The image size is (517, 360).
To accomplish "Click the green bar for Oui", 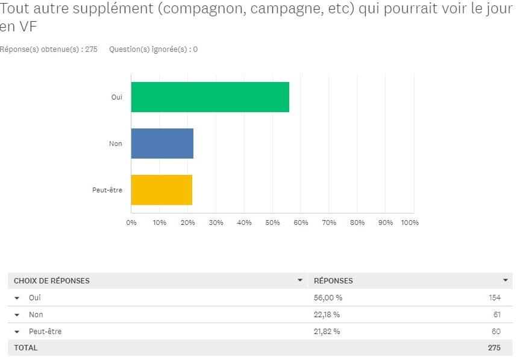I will click(210, 97).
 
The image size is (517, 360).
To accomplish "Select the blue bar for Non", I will click(162, 144).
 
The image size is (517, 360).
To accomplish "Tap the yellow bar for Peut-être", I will click(161, 190).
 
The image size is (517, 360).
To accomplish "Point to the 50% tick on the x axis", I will click(272, 223).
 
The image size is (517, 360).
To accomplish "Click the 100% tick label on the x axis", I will click(410, 223).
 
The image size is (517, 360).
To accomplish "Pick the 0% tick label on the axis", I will click(131, 223).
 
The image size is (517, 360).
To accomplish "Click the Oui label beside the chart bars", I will click(117, 97).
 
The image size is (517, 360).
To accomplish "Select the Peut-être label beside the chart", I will click(107, 190).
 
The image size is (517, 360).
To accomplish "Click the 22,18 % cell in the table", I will click(327, 314).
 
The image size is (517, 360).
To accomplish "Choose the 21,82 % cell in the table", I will click(327, 331).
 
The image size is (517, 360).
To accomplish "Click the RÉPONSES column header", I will click(333, 280).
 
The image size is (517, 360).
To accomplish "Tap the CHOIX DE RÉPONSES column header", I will click(52, 280).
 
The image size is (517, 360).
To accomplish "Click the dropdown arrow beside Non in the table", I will click(17, 315).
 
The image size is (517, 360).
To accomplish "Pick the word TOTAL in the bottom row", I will click(25, 348).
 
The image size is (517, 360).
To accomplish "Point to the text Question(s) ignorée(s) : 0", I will click(153, 49).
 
